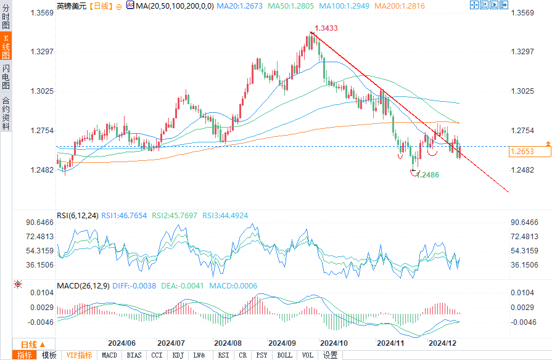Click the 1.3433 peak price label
point(327,28)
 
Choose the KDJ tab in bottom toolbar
point(178,355)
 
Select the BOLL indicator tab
point(284,355)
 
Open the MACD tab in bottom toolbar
point(109,355)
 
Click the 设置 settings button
point(330,355)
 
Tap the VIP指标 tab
point(79,355)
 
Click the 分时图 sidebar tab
point(6,16)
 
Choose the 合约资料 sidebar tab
point(6,113)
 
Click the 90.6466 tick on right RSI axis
point(524,223)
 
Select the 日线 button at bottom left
point(28,345)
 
